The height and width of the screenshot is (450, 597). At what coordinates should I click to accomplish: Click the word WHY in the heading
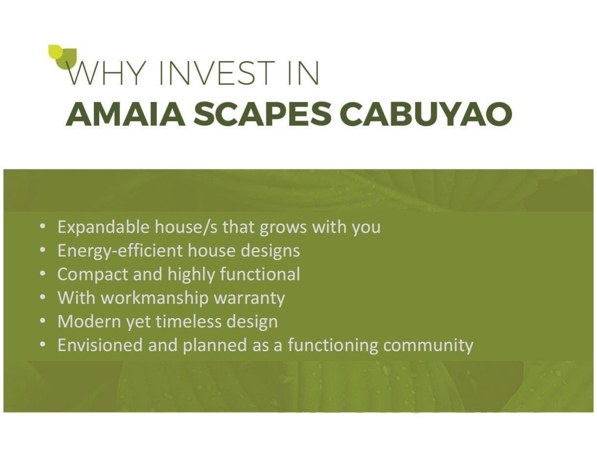click(x=105, y=73)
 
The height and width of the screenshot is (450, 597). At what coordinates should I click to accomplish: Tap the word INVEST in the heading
click(x=216, y=73)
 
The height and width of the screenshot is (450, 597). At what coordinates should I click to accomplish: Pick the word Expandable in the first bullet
click(x=103, y=227)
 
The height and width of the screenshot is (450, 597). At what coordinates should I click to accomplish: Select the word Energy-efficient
click(x=120, y=251)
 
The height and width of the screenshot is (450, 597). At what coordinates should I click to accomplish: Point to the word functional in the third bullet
click(x=260, y=274)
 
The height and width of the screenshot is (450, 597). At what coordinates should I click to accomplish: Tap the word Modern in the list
click(x=89, y=321)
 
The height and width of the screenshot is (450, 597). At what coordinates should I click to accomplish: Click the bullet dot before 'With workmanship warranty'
click(x=42, y=297)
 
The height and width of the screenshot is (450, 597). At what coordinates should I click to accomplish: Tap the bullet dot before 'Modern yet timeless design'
click(x=42, y=321)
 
